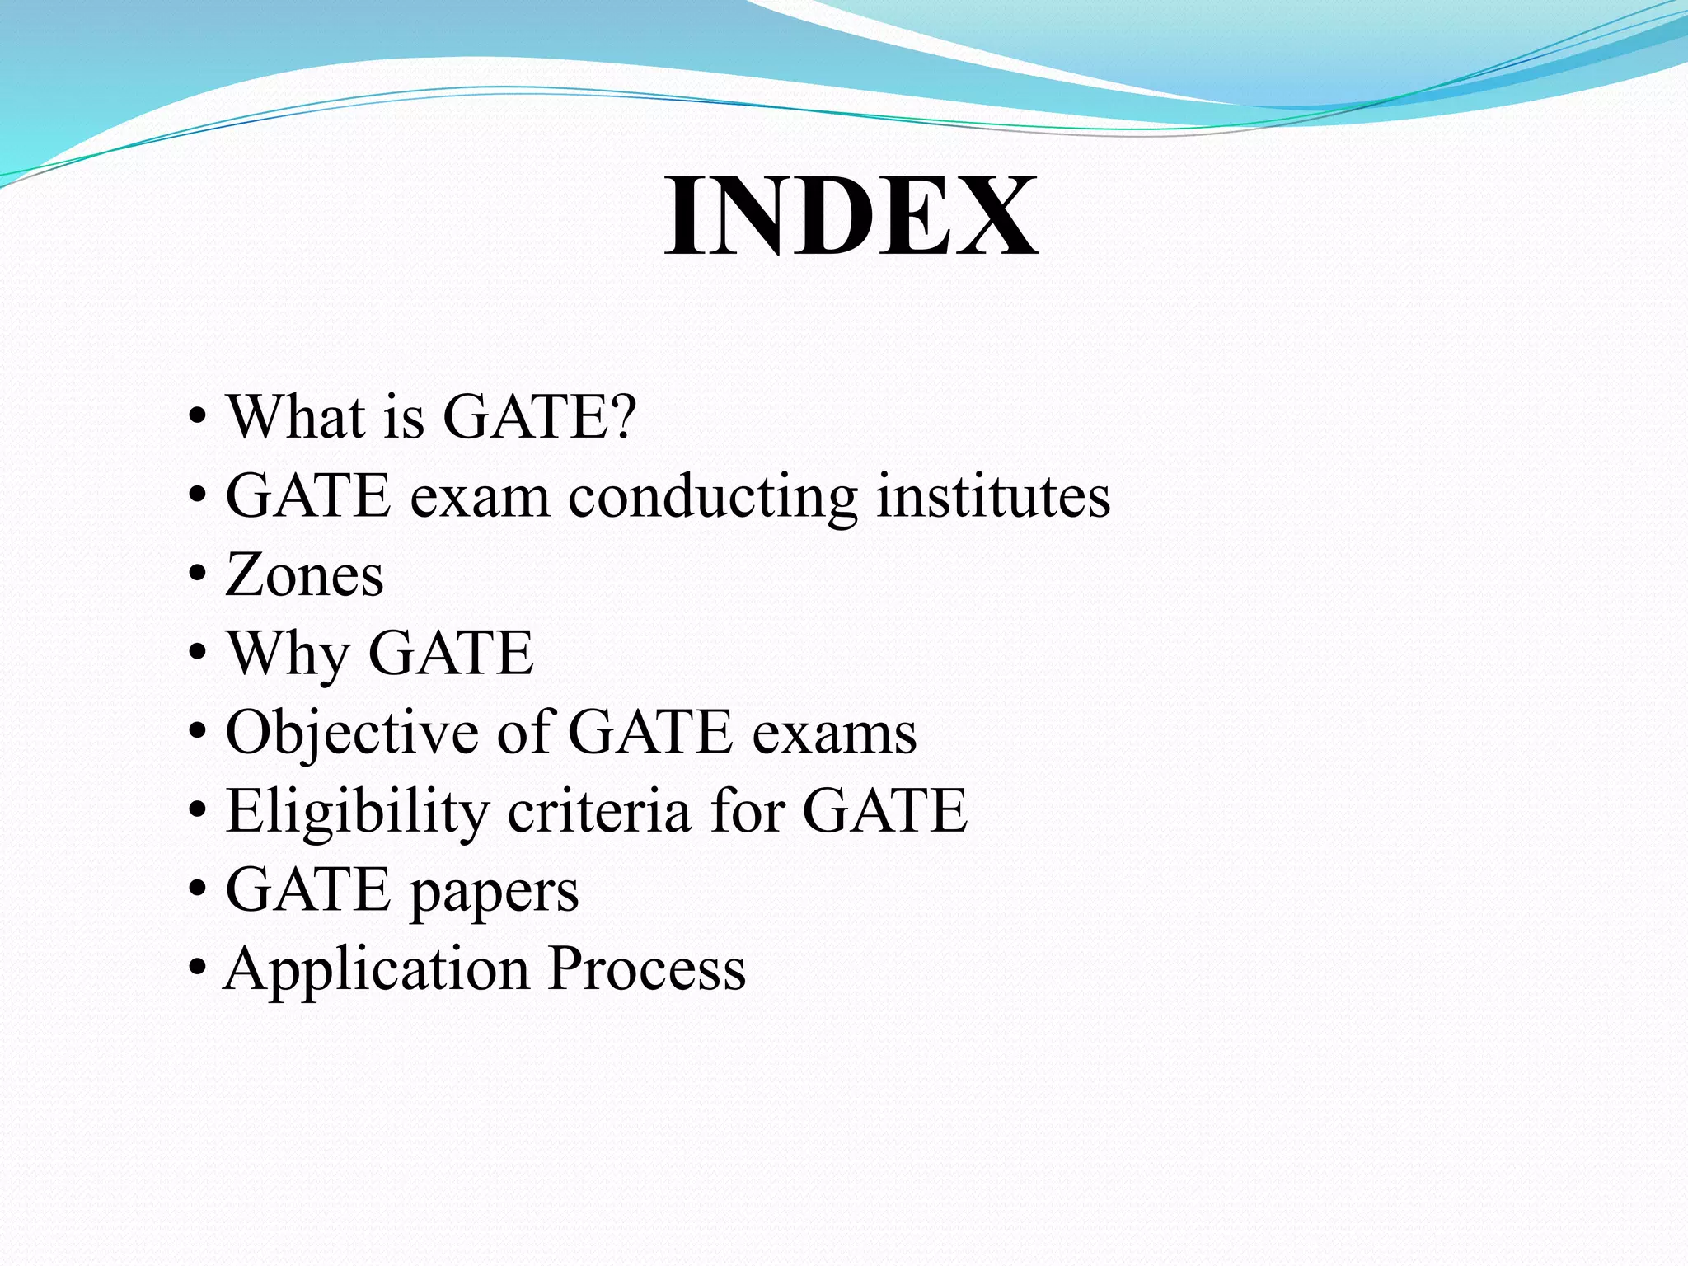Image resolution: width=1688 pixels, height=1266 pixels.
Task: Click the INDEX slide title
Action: click(x=851, y=216)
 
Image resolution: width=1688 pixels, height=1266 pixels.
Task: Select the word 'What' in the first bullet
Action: click(x=296, y=416)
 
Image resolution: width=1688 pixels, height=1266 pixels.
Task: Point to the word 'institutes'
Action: click(x=992, y=495)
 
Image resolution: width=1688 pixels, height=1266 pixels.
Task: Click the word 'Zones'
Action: click(x=304, y=574)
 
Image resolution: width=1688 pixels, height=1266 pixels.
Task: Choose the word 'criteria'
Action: click(x=599, y=811)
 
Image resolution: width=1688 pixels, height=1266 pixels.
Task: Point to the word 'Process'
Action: click(x=647, y=968)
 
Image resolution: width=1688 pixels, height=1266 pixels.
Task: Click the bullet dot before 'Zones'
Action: click(x=197, y=574)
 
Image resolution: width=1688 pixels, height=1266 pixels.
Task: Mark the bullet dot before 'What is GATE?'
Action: click(x=197, y=415)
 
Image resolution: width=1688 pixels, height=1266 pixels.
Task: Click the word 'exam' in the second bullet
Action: click(x=480, y=497)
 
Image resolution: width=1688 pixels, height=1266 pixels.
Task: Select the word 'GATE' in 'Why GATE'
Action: click(x=451, y=653)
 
